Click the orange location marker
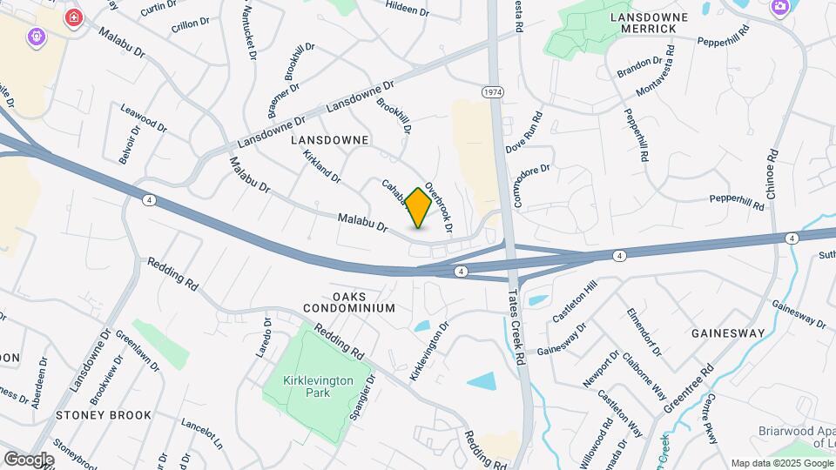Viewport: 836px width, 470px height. click(x=418, y=208)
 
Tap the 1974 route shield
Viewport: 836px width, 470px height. click(x=491, y=91)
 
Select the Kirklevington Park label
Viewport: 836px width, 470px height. click(x=311, y=386)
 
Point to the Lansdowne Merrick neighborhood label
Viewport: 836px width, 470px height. click(x=649, y=23)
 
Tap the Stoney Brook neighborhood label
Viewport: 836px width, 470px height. click(x=104, y=415)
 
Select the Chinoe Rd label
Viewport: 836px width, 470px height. click(x=772, y=178)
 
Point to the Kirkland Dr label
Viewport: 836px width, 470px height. click(x=321, y=164)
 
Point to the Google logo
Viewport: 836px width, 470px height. click(x=29, y=459)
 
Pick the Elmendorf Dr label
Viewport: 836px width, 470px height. click(x=644, y=332)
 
